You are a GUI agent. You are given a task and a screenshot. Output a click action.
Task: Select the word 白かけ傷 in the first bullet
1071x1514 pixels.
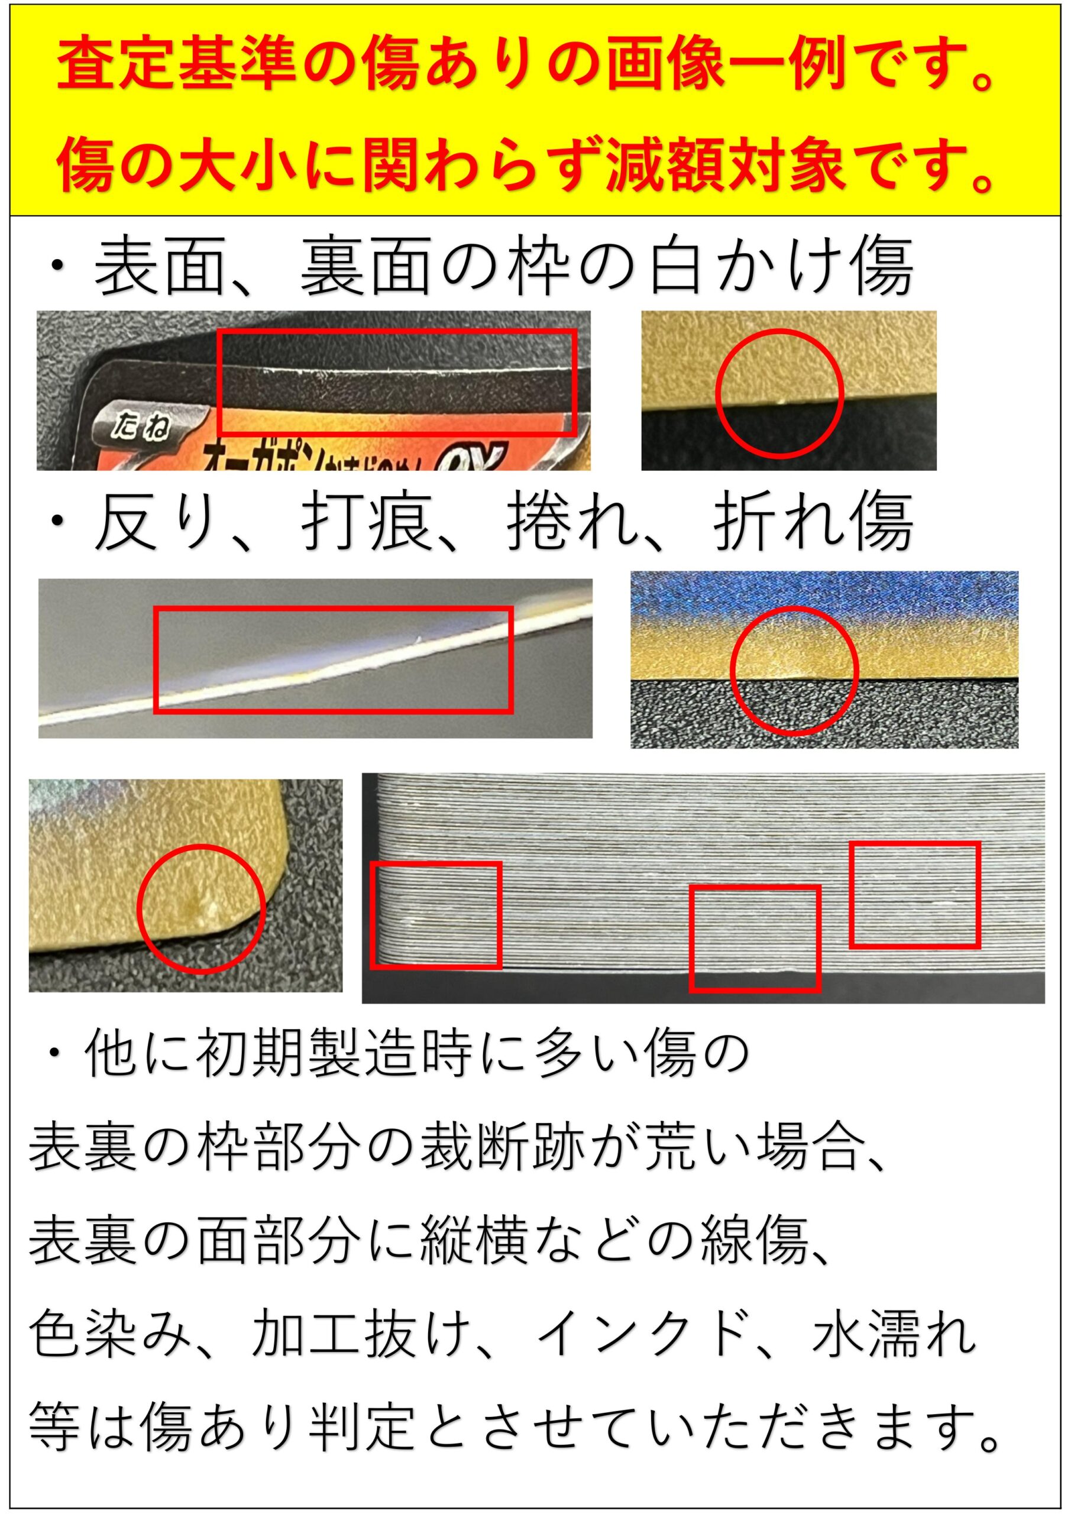781,268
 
